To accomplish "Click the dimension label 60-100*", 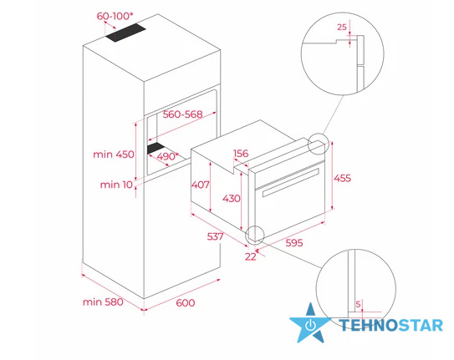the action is click(x=113, y=16).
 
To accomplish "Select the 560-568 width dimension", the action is click(x=182, y=114).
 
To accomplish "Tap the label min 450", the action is click(x=114, y=155).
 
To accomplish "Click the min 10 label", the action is click(x=116, y=185).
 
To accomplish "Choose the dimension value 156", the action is click(x=241, y=153).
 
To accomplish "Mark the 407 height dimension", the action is click(x=200, y=185).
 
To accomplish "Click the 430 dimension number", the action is click(x=232, y=198).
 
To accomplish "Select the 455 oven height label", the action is click(x=342, y=178).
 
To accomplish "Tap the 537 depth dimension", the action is click(x=215, y=236).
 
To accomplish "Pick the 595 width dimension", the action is click(x=294, y=242).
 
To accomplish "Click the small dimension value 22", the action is click(x=251, y=256).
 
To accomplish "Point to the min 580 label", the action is click(x=103, y=302).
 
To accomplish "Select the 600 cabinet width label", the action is click(x=186, y=302).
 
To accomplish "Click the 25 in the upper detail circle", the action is click(x=342, y=28).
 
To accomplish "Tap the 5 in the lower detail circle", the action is click(x=358, y=304).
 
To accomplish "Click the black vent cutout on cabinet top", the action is click(x=125, y=33).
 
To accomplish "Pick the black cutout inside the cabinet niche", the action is click(x=156, y=148).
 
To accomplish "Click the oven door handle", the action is click(x=290, y=182).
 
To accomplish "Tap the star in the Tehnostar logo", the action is click(x=310, y=324).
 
